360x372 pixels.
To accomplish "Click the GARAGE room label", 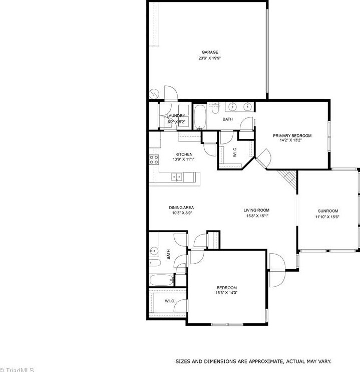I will pyautogui.click(x=210, y=52).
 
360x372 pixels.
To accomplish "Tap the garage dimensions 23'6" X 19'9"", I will pyautogui.click(x=210, y=58).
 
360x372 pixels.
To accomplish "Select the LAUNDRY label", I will pyautogui.click(x=175, y=116).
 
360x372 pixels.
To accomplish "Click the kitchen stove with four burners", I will pyautogui.click(x=153, y=160).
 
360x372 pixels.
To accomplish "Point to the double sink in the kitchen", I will pyautogui.click(x=177, y=176).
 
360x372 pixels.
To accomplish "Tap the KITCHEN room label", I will pyautogui.click(x=184, y=154).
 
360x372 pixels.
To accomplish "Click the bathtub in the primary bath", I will pyautogui.click(x=199, y=117).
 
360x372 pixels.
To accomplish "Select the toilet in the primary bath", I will pyautogui.click(x=215, y=106).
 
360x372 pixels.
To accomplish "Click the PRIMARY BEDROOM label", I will pyautogui.click(x=292, y=136).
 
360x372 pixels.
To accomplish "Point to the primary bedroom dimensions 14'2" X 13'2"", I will pyautogui.click(x=292, y=141).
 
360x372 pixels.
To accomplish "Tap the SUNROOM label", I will pyautogui.click(x=328, y=211).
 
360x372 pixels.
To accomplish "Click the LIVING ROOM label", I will pyautogui.click(x=256, y=211).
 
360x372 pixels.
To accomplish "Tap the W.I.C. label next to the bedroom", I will pyautogui.click(x=169, y=301).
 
